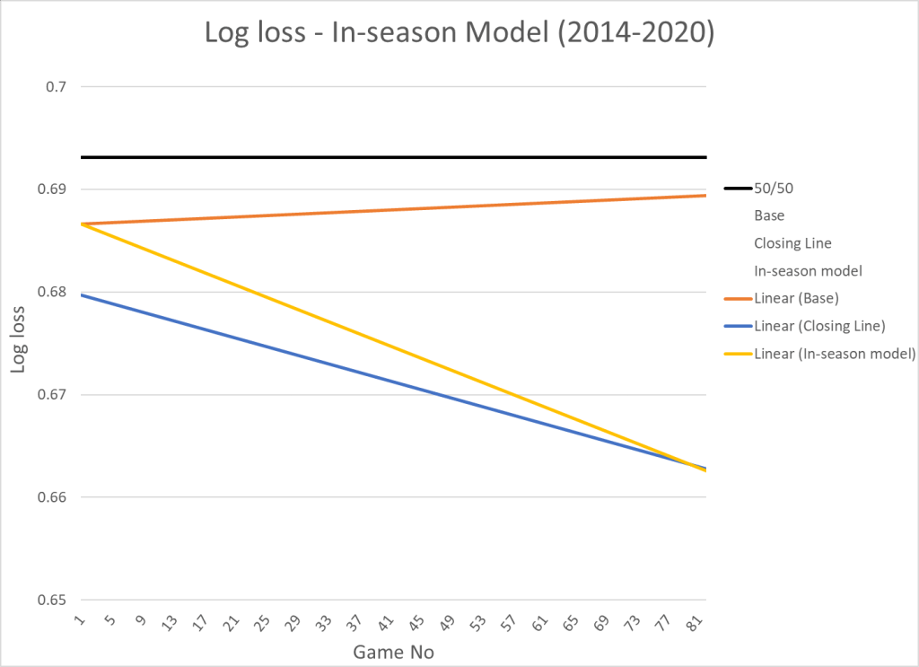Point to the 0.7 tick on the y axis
coord(57,87)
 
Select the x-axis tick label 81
coord(692,624)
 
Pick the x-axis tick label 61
coord(539,624)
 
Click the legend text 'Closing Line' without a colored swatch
coord(792,243)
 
